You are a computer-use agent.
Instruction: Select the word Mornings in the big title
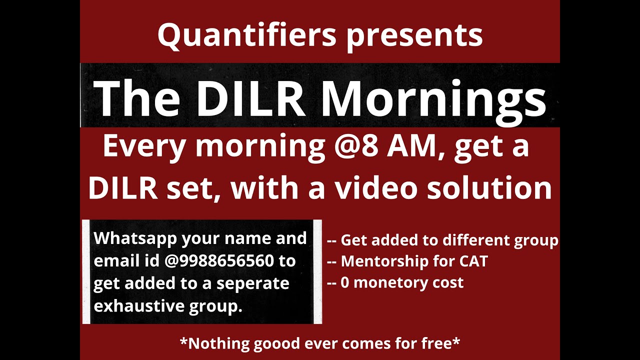(x=433, y=97)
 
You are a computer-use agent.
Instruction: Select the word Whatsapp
(x=135, y=238)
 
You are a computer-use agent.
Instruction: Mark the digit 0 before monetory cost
(x=344, y=282)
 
